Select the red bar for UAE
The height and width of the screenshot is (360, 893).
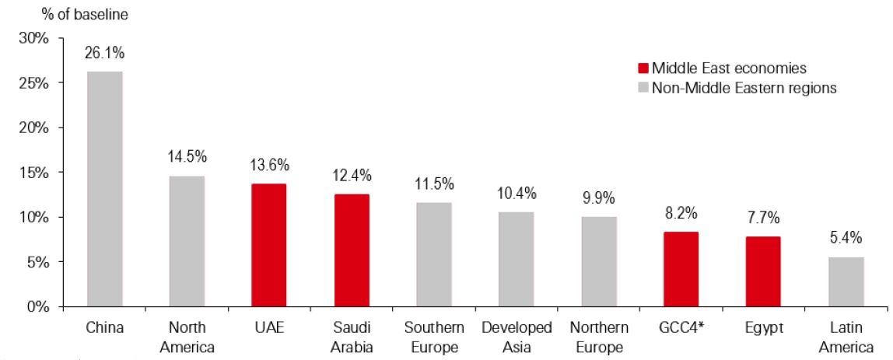[269, 245]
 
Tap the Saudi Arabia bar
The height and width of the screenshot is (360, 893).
[352, 250]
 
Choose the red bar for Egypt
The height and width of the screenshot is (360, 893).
[764, 271]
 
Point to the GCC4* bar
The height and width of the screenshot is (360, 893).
[681, 269]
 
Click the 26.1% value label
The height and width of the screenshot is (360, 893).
[105, 54]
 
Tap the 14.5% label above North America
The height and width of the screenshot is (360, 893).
[187, 157]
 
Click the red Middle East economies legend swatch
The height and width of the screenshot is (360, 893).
[643, 68]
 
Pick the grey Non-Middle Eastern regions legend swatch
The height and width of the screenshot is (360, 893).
[643, 88]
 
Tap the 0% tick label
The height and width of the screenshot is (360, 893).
[39, 306]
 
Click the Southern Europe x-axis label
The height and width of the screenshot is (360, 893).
[434, 337]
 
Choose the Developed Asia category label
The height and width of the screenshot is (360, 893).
[517, 337]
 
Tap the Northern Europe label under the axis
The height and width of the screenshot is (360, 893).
[599, 337]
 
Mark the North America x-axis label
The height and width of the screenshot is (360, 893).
[187, 337]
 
